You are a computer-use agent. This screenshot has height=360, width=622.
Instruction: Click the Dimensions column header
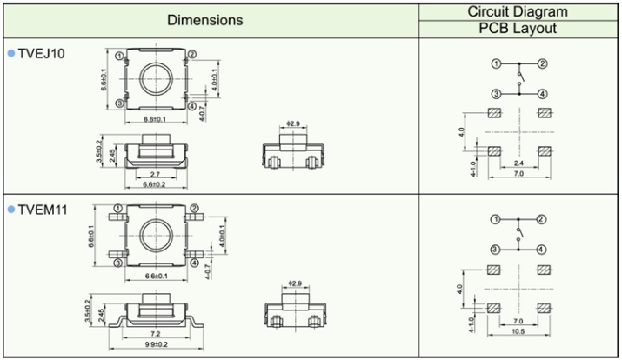[205, 20]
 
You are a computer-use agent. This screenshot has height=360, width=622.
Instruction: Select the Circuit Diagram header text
[518, 11]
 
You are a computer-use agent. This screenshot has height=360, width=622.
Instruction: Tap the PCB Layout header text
[518, 29]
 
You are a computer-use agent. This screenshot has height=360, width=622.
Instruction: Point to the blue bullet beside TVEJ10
[11, 54]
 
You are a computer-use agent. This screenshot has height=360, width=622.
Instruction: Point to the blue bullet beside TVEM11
[11, 210]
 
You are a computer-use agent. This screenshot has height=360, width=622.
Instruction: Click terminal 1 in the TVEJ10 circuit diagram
[495, 64]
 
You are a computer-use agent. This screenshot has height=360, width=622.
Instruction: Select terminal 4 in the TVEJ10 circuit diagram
[542, 94]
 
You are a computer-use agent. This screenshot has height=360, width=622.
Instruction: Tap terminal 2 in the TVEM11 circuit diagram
[542, 219]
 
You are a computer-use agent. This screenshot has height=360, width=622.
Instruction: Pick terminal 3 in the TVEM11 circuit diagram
[495, 250]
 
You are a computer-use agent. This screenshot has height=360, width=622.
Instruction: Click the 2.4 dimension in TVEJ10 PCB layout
[518, 163]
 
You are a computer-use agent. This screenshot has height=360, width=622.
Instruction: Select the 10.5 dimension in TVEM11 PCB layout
[518, 331]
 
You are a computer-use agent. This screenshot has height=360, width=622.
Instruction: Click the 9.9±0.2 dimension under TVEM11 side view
[157, 344]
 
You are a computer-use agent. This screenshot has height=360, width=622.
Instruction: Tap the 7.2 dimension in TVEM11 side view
[157, 333]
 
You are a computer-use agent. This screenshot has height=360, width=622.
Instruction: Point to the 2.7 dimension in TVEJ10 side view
[157, 175]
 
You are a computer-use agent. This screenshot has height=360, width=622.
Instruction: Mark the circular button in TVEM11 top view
[157, 233]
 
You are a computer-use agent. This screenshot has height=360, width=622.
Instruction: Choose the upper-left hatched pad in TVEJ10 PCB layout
[495, 114]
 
